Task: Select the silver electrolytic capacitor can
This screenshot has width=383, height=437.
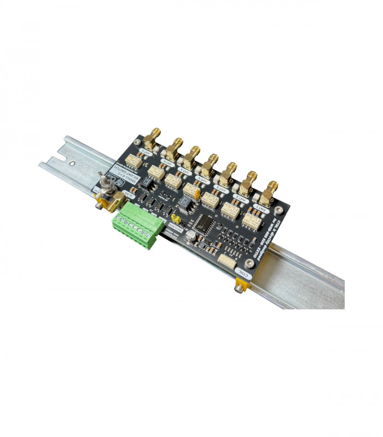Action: [190, 234]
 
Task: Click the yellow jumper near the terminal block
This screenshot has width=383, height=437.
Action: [176, 218]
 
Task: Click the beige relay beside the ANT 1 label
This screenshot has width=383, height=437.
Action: [252, 221]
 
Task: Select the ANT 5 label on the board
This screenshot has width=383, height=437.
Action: [183, 169]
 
